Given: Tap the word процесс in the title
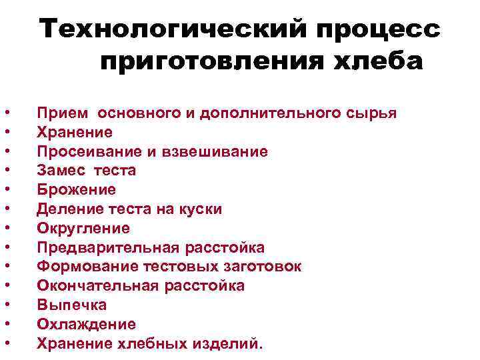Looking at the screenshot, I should coord(373,30).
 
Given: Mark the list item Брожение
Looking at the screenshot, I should coord(76,190).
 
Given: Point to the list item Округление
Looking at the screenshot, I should coord(83,229).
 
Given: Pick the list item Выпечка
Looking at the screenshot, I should coord(72,305).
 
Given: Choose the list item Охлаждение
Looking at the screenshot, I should coord(86,325).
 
